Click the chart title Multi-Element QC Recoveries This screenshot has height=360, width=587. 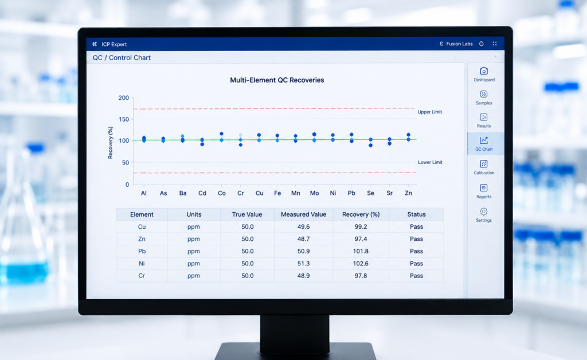(277, 80)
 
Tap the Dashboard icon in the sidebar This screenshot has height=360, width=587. (484, 71)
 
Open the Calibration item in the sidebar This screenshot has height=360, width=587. (484, 167)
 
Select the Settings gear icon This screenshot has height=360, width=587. (484, 212)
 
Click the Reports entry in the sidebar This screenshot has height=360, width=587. (484, 191)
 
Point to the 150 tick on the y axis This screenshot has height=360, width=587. (124, 119)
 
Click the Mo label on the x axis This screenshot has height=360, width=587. (315, 193)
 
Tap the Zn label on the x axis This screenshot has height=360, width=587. (408, 193)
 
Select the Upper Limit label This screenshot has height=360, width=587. (430, 112)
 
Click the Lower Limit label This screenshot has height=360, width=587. (430, 162)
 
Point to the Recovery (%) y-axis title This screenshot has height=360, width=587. (111, 143)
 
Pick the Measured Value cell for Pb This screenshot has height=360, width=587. (304, 251)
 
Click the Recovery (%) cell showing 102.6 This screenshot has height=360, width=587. (361, 264)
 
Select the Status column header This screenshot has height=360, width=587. (416, 214)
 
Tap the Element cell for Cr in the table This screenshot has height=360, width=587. (142, 276)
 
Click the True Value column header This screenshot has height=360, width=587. (247, 214)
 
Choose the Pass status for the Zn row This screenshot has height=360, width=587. (416, 238)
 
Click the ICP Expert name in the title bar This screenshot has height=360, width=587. (114, 44)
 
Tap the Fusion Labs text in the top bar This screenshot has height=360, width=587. (459, 44)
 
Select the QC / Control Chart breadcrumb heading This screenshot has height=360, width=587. (122, 58)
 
